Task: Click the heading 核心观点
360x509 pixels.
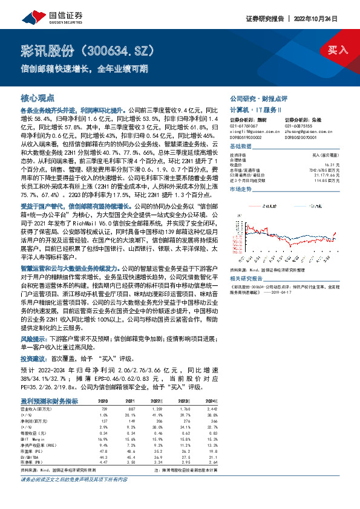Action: [38, 97]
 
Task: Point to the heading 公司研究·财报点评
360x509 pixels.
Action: [258, 97]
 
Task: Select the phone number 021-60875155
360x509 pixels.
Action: [299, 125]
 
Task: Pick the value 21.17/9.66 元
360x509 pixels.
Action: [327, 175]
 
